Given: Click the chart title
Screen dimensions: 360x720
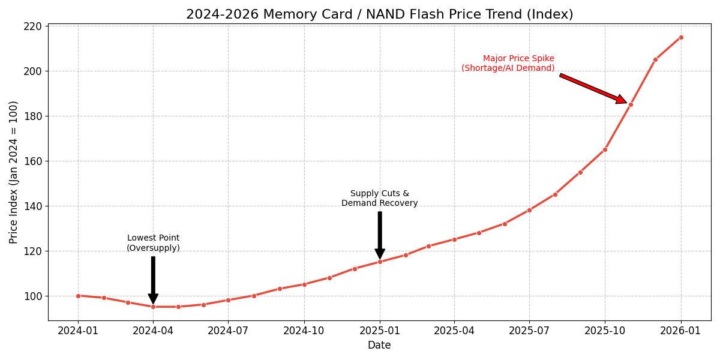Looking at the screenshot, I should [x=379, y=14].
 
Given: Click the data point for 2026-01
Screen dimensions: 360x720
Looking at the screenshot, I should [x=681, y=37].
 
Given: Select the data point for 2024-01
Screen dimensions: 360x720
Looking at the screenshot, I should [x=78, y=296].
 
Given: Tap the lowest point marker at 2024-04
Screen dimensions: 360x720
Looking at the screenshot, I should [x=153, y=307].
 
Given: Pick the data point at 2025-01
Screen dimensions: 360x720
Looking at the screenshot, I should [x=380, y=262].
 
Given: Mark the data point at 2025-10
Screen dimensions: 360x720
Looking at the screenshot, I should [x=605, y=149].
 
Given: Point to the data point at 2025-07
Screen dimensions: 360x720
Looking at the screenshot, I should [x=529, y=210].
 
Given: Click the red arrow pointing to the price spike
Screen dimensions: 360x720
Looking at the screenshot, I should [x=593, y=88].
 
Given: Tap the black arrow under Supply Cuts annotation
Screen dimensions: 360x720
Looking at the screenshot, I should [x=380, y=235].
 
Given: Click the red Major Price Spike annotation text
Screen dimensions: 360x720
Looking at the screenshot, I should [x=508, y=64].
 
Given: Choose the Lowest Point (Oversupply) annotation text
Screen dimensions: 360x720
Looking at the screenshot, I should [x=153, y=243].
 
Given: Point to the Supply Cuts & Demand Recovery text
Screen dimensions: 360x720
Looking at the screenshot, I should [x=380, y=199].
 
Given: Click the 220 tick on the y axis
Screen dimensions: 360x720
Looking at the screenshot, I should [x=33, y=26].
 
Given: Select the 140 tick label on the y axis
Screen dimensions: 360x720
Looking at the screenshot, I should [x=33, y=206].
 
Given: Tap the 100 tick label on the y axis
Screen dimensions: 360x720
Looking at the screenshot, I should [x=33, y=296].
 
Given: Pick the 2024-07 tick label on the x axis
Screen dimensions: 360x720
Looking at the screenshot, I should [x=228, y=331].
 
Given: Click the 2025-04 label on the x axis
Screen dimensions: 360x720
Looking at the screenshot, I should [x=454, y=331].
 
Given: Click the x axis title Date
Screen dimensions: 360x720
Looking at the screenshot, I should [x=379, y=346].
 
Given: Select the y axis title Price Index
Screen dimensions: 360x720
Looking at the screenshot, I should [x=14, y=172].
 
